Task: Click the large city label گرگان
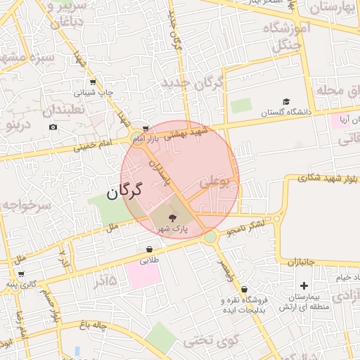(x=125, y=191)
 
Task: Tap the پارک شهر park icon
(x=173, y=218)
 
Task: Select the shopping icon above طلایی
(x=150, y=250)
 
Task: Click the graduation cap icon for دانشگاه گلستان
(x=286, y=102)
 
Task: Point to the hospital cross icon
(x=304, y=285)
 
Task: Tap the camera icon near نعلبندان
(x=53, y=127)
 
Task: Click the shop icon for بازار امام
(x=145, y=129)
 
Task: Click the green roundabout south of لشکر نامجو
(x=210, y=238)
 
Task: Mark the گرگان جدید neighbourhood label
(x=192, y=84)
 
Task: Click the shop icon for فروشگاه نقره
(x=243, y=289)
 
